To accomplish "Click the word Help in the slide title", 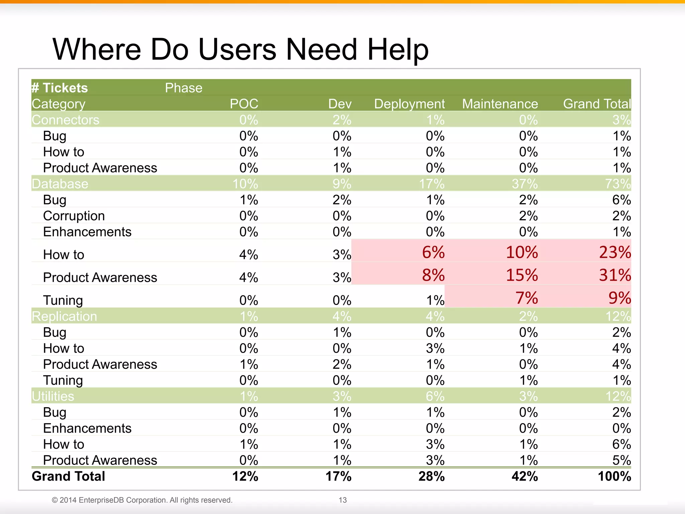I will pos(398,50).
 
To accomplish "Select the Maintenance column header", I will pos(500,104).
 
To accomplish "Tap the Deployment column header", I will pos(409,104).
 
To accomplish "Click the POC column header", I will pos(244,104).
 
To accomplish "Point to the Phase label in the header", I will pos(184,88).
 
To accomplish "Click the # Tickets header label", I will pos(60,88).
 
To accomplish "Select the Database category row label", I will pos(60,184).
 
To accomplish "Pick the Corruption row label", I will pos(74,216).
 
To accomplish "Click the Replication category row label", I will pos(64,316).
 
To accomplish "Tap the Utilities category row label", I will pos(53,396).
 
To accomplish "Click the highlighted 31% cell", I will pos(614,275).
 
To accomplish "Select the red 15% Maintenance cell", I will pos(521,275).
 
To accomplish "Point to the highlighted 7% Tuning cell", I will pos(526,298).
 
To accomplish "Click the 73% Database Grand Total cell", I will pos(617,184).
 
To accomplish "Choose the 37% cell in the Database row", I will pos(524,184).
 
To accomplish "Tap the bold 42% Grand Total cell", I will pos(524,476).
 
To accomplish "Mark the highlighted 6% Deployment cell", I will pos(433,252).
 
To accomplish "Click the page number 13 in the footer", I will pos(342,500).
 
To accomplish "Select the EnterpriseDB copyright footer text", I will pos(142,500).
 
